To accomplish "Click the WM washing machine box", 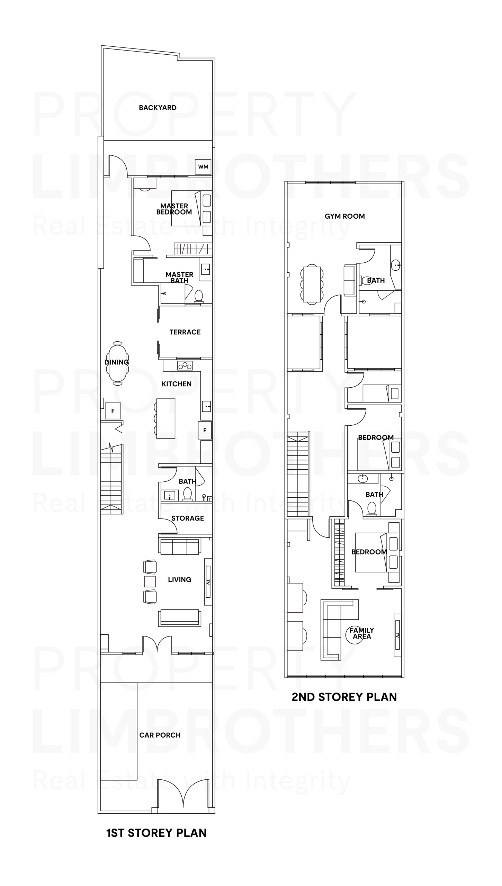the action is point(203,166).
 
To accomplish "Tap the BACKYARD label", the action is point(158,108).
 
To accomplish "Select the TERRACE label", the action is point(185,332).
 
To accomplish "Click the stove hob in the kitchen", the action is point(185,365).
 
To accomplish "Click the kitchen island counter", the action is point(166,419).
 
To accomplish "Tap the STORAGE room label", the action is point(188,518).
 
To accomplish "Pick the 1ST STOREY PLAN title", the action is point(156,840).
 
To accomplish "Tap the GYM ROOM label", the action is point(345,216).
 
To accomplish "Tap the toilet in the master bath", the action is point(199,297).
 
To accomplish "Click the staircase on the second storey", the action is point(298,474).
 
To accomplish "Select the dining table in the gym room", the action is point(312,284).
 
